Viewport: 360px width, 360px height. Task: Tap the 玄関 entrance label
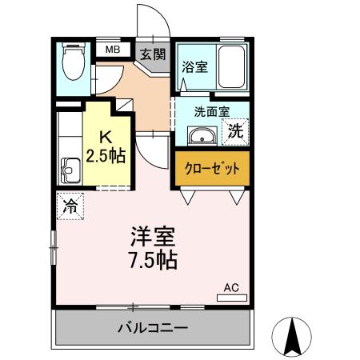pos(153,55)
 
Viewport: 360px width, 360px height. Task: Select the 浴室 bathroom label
pos(194,67)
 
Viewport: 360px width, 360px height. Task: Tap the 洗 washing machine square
pos(237,130)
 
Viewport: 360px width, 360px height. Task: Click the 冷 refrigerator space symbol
pos(70,204)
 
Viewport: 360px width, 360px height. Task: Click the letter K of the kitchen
pos(106,135)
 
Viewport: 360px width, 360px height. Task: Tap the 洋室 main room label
pos(154,238)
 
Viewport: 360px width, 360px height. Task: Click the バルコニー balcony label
pos(152,328)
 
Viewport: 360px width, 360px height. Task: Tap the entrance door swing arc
pos(153,20)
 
